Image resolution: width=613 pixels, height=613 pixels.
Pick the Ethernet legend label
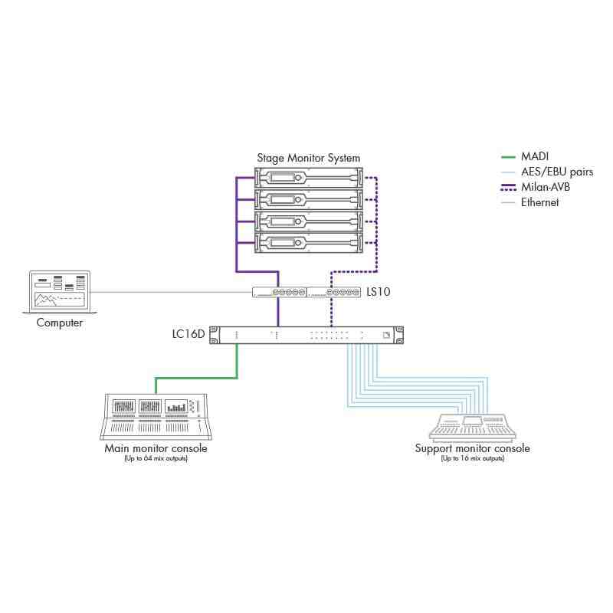pyautogui.click(x=540, y=202)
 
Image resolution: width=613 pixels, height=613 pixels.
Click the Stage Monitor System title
pyautogui.click(x=308, y=158)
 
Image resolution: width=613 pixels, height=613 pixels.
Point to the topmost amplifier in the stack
pyautogui.click(x=308, y=179)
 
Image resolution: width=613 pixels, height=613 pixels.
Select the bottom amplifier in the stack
pyautogui.click(x=308, y=244)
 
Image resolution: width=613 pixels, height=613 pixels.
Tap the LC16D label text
pyautogui.click(x=188, y=334)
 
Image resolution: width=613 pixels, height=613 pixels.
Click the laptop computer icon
pyautogui.click(x=59, y=291)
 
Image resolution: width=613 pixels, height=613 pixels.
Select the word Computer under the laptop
pyautogui.click(x=60, y=323)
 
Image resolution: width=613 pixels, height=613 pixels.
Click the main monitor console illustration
pyautogui.click(x=156, y=417)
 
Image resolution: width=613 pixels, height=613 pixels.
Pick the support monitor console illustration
pyautogui.click(x=473, y=426)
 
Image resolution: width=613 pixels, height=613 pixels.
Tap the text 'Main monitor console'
pyautogui.click(x=156, y=448)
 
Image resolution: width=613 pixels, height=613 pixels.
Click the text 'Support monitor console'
pyautogui.click(x=472, y=448)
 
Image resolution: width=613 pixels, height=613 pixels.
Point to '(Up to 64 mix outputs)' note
pyautogui.click(x=156, y=458)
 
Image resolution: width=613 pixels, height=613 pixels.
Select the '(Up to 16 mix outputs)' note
pyautogui.click(x=472, y=458)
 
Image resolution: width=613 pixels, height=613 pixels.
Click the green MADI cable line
pyautogui.click(x=197, y=377)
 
